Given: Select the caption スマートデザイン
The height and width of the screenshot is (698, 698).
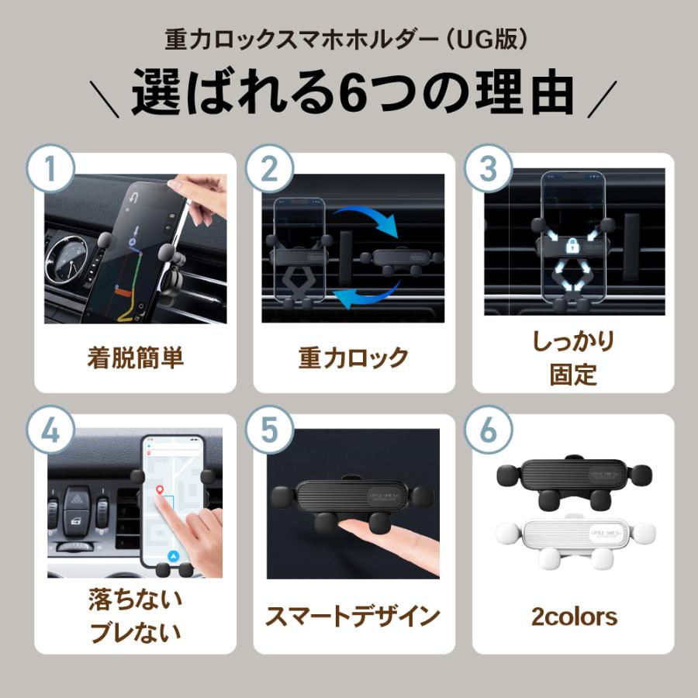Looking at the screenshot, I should click(353, 617).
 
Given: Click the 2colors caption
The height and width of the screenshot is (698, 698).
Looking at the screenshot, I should click(574, 617).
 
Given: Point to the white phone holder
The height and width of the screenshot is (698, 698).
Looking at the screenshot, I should click(575, 538).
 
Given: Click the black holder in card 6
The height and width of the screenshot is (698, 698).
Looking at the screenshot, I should click(575, 481).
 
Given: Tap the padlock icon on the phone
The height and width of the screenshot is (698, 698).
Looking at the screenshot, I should click(573, 247).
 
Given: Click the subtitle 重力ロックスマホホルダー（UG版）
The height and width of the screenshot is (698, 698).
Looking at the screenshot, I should click(348, 40).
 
